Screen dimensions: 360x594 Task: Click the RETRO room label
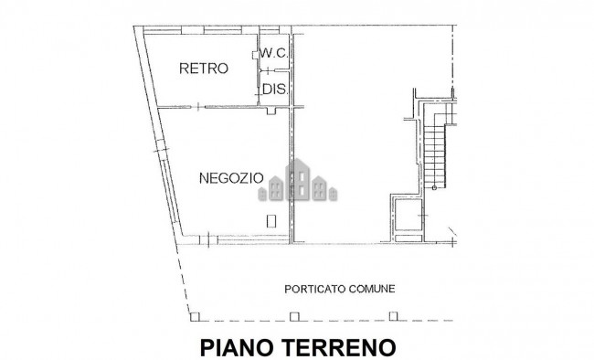(x=203, y=69)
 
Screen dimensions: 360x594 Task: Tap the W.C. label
(x=274, y=54)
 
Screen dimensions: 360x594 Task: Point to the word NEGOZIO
(x=231, y=177)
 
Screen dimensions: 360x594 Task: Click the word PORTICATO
(x=314, y=289)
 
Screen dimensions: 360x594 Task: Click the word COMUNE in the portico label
(x=373, y=289)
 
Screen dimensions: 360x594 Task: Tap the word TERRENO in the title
(x=340, y=346)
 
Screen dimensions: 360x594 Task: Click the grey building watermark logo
(x=299, y=183)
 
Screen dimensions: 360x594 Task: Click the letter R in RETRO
(x=184, y=69)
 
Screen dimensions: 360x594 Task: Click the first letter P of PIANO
(x=206, y=346)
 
